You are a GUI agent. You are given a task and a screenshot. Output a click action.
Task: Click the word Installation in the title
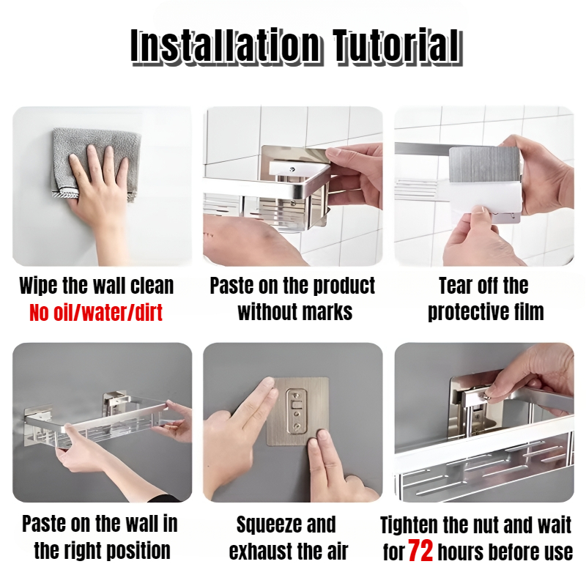pyautogui.click(x=225, y=46)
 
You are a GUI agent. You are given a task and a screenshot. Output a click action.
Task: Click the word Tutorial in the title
pyautogui.click(x=397, y=46)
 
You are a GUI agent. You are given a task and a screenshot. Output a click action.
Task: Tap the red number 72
pyautogui.click(x=420, y=551)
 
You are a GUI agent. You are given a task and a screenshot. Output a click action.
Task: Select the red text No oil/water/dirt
pyautogui.click(x=96, y=313)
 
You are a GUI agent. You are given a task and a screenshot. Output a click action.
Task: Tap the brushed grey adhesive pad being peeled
pyautogui.click(x=485, y=165)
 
